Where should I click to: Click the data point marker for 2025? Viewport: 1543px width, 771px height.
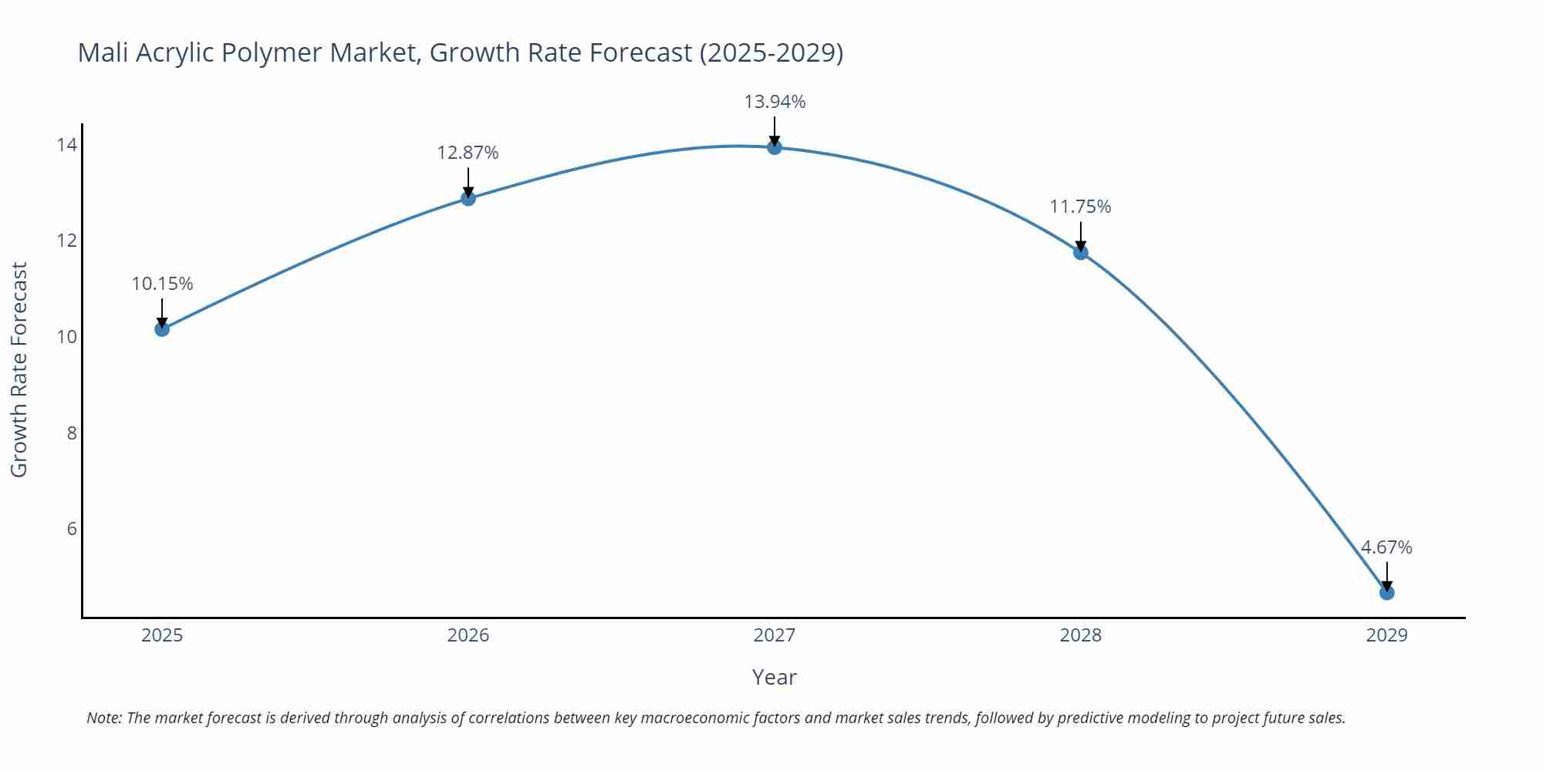[162, 329]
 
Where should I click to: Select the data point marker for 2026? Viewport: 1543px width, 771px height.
[468, 198]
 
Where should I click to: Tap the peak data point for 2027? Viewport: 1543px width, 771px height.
[775, 147]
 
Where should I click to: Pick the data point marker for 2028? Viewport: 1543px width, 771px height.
[1081, 252]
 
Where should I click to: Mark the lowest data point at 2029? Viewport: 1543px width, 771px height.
[1386, 593]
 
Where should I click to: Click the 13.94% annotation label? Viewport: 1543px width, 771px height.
[775, 102]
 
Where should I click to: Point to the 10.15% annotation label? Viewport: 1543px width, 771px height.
[162, 284]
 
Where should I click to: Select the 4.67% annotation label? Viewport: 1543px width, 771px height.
[1386, 547]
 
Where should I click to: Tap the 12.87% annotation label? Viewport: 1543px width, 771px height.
[468, 153]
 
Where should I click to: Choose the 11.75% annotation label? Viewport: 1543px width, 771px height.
[1081, 207]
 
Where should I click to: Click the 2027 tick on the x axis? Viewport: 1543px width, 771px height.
[775, 635]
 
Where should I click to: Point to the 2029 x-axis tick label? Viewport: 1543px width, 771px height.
[1386, 635]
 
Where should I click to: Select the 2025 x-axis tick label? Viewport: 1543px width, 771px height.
[162, 635]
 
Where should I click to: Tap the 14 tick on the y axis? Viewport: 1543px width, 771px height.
[66, 145]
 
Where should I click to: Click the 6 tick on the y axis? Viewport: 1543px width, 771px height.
[72, 529]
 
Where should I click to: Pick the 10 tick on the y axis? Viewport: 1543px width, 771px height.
[66, 337]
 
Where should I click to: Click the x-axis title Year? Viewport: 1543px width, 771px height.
[774, 677]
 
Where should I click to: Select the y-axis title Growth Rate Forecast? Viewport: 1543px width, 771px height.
[19, 370]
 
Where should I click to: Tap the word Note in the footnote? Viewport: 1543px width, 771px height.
[103, 718]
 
